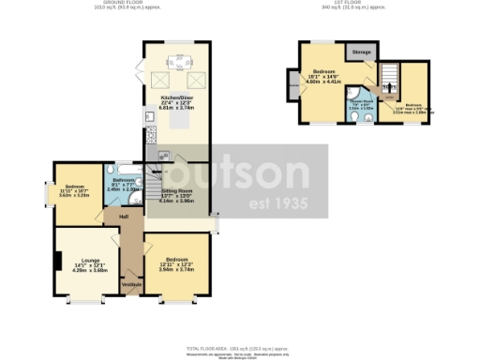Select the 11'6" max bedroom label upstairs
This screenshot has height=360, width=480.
(x=413, y=106)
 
